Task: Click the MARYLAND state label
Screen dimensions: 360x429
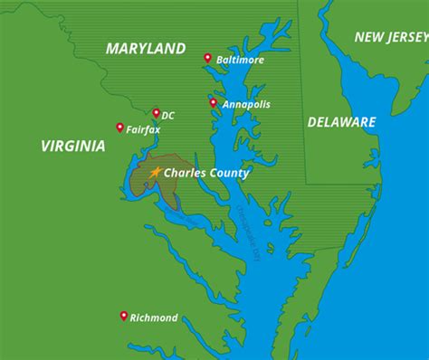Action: [x=146, y=48]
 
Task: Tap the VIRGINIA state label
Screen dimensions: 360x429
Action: [x=73, y=145]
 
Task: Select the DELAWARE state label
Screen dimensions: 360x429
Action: [x=341, y=121]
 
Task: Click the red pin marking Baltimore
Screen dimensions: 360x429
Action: [x=208, y=59]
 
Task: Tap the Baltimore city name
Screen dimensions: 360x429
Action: [x=240, y=61]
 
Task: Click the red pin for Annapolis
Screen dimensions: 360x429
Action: [x=214, y=103]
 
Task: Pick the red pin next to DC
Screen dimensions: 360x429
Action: [x=156, y=113]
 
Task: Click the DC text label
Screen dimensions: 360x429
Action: [x=168, y=115]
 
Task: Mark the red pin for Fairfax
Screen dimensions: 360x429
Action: [x=120, y=128]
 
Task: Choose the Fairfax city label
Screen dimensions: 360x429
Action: [x=143, y=129]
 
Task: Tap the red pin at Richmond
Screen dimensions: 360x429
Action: [x=124, y=316]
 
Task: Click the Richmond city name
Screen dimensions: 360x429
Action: [x=154, y=317]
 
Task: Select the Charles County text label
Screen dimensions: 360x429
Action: [x=205, y=173]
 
